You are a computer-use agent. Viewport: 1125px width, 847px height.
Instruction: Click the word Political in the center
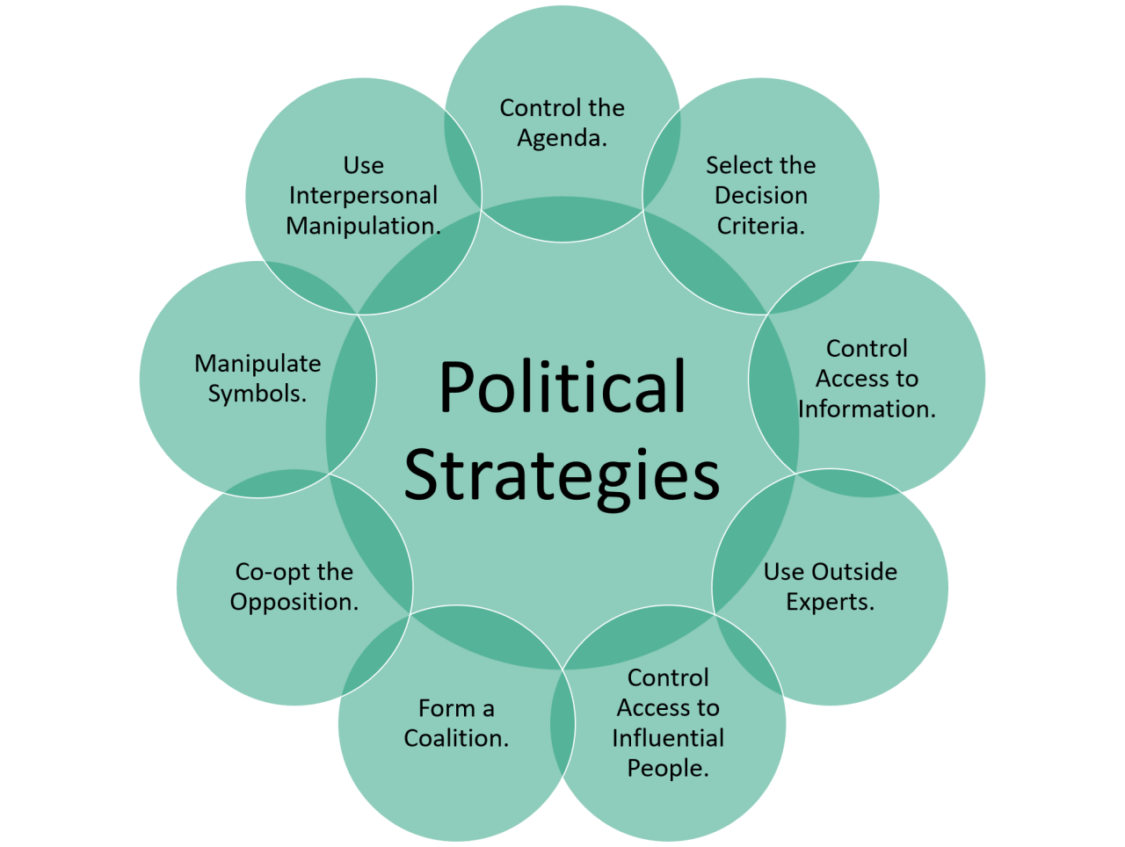pos(562,387)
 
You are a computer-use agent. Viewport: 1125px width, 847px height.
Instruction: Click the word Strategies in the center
pos(562,475)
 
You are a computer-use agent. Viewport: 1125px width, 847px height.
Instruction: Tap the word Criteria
pos(759,226)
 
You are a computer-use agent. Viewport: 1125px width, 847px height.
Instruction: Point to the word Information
pos(866,409)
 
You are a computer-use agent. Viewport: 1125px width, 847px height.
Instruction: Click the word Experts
pos(830,603)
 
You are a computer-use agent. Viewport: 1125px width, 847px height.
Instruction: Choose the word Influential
pos(668,738)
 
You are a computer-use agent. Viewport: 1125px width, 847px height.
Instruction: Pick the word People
pos(667,768)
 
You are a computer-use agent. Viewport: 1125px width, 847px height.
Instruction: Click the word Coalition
pos(455,738)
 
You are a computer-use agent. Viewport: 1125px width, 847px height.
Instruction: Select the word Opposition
pos(294,603)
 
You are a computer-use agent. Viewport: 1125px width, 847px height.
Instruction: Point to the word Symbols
pos(257,394)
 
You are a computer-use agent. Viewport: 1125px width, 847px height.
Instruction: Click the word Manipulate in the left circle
pos(258,364)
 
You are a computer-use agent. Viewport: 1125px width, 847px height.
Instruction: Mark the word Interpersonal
pos(363,195)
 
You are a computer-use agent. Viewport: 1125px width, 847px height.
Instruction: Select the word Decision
pos(760,195)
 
